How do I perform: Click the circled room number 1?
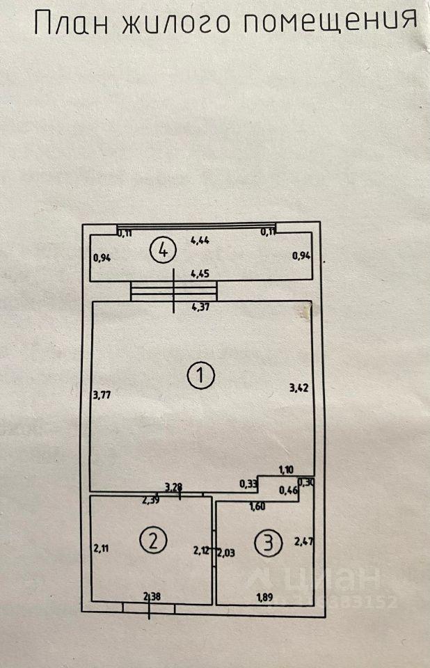[201, 376]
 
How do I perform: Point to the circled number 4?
[163, 249]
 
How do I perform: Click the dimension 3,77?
[102, 395]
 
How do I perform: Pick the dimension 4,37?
[200, 307]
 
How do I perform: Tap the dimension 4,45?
[200, 274]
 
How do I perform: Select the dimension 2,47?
[304, 541]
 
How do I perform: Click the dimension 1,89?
[264, 596]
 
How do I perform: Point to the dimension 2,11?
[102, 548]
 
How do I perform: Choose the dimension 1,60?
[257, 507]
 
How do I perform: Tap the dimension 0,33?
[248, 484]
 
